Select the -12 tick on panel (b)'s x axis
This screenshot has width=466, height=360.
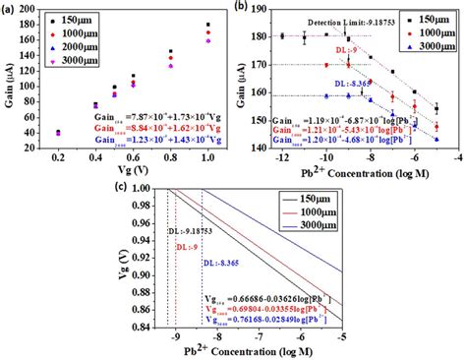[281, 156]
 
